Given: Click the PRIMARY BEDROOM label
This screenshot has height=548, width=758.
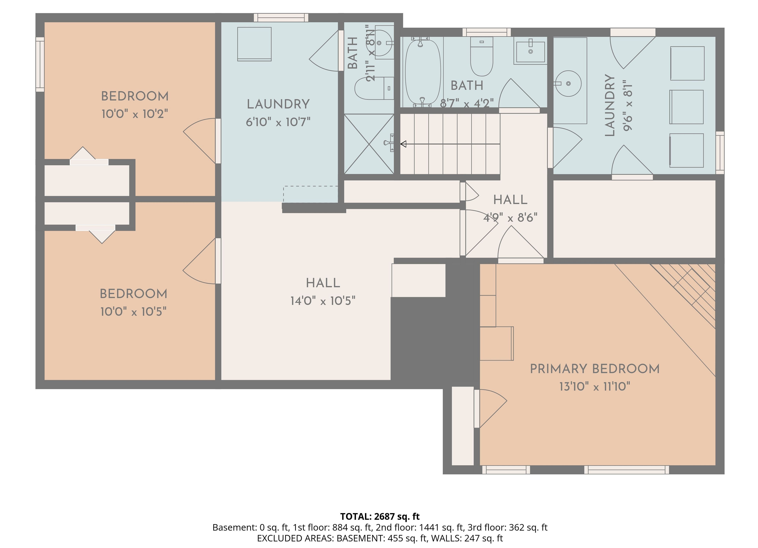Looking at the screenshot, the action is [595, 369].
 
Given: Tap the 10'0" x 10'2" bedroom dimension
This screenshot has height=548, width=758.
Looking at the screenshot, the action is [134, 114].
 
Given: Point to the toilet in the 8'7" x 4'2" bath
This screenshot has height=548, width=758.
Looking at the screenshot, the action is [482, 56].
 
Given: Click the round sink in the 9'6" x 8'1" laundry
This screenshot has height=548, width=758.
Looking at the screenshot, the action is [568, 83].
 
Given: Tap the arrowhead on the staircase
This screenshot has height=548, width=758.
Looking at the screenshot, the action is [403, 144].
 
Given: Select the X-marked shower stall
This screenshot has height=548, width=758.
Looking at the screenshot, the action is [369, 144].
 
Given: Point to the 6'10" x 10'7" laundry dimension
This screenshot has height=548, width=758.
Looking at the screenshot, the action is [278, 122].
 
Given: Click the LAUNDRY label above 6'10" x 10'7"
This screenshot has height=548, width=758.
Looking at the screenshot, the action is [278, 104].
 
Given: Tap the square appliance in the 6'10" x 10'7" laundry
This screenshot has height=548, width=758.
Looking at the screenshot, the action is [254, 44].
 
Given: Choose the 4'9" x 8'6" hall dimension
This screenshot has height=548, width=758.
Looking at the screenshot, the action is [510, 218].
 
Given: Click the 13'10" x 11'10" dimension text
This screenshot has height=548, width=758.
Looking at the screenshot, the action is [595, 387].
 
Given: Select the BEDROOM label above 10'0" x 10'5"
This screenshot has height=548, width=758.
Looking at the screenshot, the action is [133, 294].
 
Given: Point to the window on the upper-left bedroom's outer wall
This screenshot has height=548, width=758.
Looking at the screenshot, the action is [40, 64].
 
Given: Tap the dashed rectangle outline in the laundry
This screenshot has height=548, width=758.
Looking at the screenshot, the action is [311, 194].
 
